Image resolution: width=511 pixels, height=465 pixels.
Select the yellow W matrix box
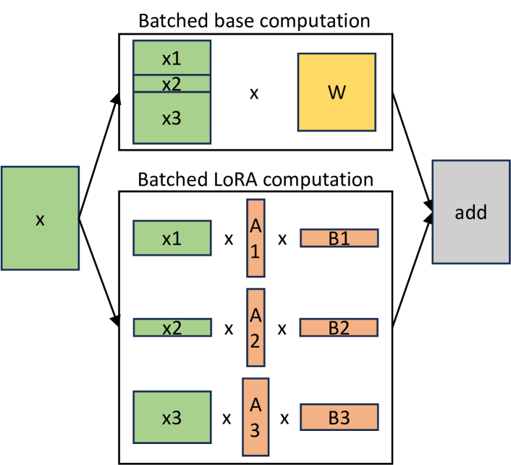tap(337, 91)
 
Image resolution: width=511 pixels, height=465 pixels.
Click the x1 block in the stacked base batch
tap(172, 57)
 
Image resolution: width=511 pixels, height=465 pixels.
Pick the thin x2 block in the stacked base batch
tap(172, 83)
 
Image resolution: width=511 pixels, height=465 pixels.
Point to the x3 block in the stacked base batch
tap(172, 119)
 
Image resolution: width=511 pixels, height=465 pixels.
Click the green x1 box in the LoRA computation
tap(172, 238)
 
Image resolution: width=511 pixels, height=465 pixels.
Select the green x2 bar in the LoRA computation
tap(172, 328)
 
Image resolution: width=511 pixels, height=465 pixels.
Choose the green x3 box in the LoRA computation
tap(172, 418)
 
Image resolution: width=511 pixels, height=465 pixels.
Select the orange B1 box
tap(339, 238)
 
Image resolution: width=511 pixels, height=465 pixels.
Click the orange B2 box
tap(339, 328)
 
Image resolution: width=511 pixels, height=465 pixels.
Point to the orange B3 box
tap(339, 418)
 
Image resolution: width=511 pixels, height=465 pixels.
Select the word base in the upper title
tap(236, 20)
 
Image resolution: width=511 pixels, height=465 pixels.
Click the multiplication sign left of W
tap(254, 93)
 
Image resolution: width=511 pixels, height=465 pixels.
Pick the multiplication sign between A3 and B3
tap(285, 418)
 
